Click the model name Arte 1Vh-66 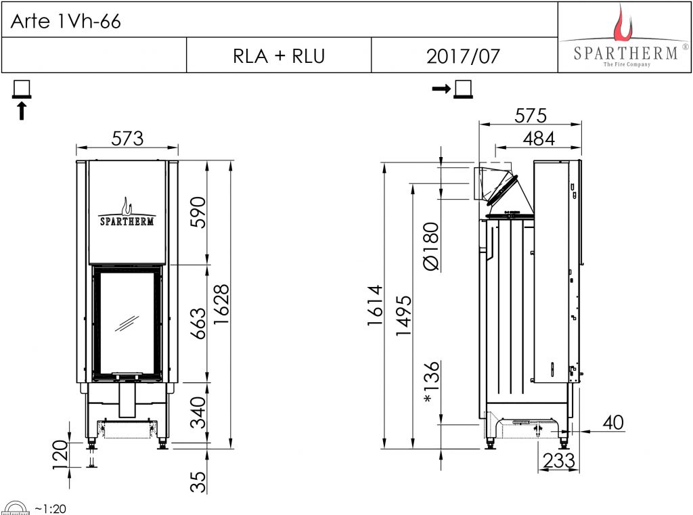coord(66,21)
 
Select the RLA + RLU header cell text coord(279,56)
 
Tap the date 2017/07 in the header coord(463,56)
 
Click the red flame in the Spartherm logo coord(623,23)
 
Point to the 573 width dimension coord(127,138)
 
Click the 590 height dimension coord(198,212)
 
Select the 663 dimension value coord(198,323)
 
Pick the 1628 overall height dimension coord(221,304)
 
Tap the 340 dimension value coord(198,413)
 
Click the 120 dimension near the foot coord(60,454)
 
